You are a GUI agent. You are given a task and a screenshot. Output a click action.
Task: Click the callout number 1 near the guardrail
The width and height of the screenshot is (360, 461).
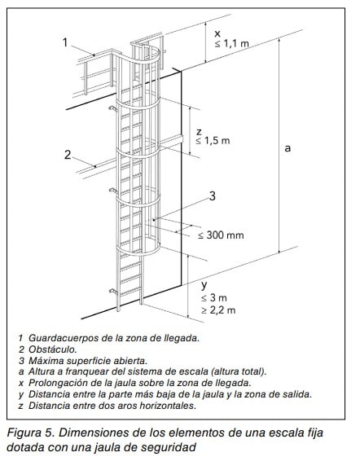[65, 42]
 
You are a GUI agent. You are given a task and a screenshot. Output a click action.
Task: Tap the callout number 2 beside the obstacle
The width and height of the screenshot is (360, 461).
[68, 155]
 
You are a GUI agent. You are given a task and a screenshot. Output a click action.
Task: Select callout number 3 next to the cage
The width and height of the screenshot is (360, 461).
[212, 195]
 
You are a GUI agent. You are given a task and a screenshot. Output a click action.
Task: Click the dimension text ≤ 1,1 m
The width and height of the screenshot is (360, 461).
[232, 43]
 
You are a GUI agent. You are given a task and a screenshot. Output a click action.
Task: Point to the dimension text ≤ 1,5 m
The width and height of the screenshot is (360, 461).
[213, 141]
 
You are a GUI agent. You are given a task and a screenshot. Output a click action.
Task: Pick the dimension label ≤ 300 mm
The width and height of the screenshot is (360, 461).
[221, 235]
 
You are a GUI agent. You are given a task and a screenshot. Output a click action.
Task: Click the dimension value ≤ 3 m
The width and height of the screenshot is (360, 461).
[214, 298]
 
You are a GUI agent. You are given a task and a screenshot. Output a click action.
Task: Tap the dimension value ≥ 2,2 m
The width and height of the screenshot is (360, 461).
[218, 310]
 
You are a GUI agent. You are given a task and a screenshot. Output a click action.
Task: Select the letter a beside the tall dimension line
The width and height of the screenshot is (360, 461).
[288, 148]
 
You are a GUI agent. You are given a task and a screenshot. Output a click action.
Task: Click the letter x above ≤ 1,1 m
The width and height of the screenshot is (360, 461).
[217, 34]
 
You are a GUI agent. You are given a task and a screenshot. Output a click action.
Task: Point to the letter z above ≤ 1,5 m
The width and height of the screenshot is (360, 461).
[199, 131]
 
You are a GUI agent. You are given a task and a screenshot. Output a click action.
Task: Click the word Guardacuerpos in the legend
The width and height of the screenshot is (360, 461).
[64, 338]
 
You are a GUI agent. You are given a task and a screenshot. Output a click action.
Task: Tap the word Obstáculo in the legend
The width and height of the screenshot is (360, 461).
[52, 349]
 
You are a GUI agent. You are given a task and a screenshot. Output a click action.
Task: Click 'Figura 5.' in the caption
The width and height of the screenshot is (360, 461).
[31, 432]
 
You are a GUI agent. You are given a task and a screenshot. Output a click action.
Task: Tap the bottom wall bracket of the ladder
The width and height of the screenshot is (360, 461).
[113, 292]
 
